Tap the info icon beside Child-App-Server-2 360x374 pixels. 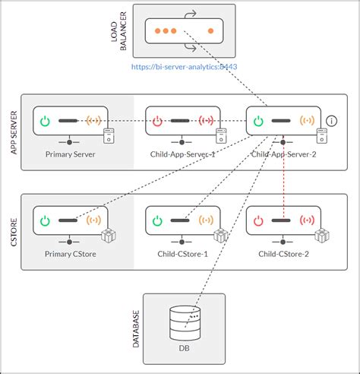click(x=331, y=121)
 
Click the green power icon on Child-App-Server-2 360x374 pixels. click(x=259, y=120)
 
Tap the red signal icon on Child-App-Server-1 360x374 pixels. click(x=205, y=120)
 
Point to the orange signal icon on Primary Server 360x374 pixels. click(x=93, y=120)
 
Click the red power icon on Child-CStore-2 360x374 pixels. click(x=259, y=220)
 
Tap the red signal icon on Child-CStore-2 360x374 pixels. click(x=306, y=220)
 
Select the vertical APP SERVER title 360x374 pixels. click(x=14, y=132)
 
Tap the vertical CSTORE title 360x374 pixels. click(x=14, y=231)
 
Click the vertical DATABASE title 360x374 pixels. click(x=137, y=328)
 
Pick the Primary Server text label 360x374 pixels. click(x=70, y=153)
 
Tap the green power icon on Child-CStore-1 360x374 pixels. click(x=158, y=220)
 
